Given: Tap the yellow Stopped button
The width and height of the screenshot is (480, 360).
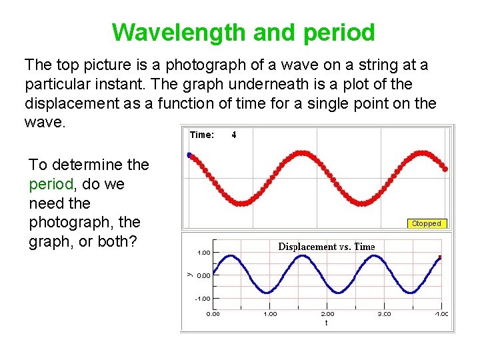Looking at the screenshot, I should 426,223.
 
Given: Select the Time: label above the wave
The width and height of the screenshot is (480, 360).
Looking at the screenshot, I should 202,135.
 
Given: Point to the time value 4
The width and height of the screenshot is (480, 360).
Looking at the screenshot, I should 233,135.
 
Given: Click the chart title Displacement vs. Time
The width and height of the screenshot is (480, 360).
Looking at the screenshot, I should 326,247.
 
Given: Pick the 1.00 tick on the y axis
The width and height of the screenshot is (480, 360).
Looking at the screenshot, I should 203,253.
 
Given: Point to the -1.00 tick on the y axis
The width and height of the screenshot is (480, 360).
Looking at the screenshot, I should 203,299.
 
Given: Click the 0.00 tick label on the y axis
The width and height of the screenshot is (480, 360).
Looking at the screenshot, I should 203,275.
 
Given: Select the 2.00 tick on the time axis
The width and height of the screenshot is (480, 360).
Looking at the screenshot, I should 327,313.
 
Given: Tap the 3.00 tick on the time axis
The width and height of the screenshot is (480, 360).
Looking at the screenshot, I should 385,313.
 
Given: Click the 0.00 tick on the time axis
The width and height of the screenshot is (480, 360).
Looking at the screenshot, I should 213,313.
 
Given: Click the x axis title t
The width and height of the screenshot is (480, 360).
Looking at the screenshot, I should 326,323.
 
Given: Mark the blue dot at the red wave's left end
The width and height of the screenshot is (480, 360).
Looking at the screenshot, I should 189,155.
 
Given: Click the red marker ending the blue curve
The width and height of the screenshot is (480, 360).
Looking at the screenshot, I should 440,257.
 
